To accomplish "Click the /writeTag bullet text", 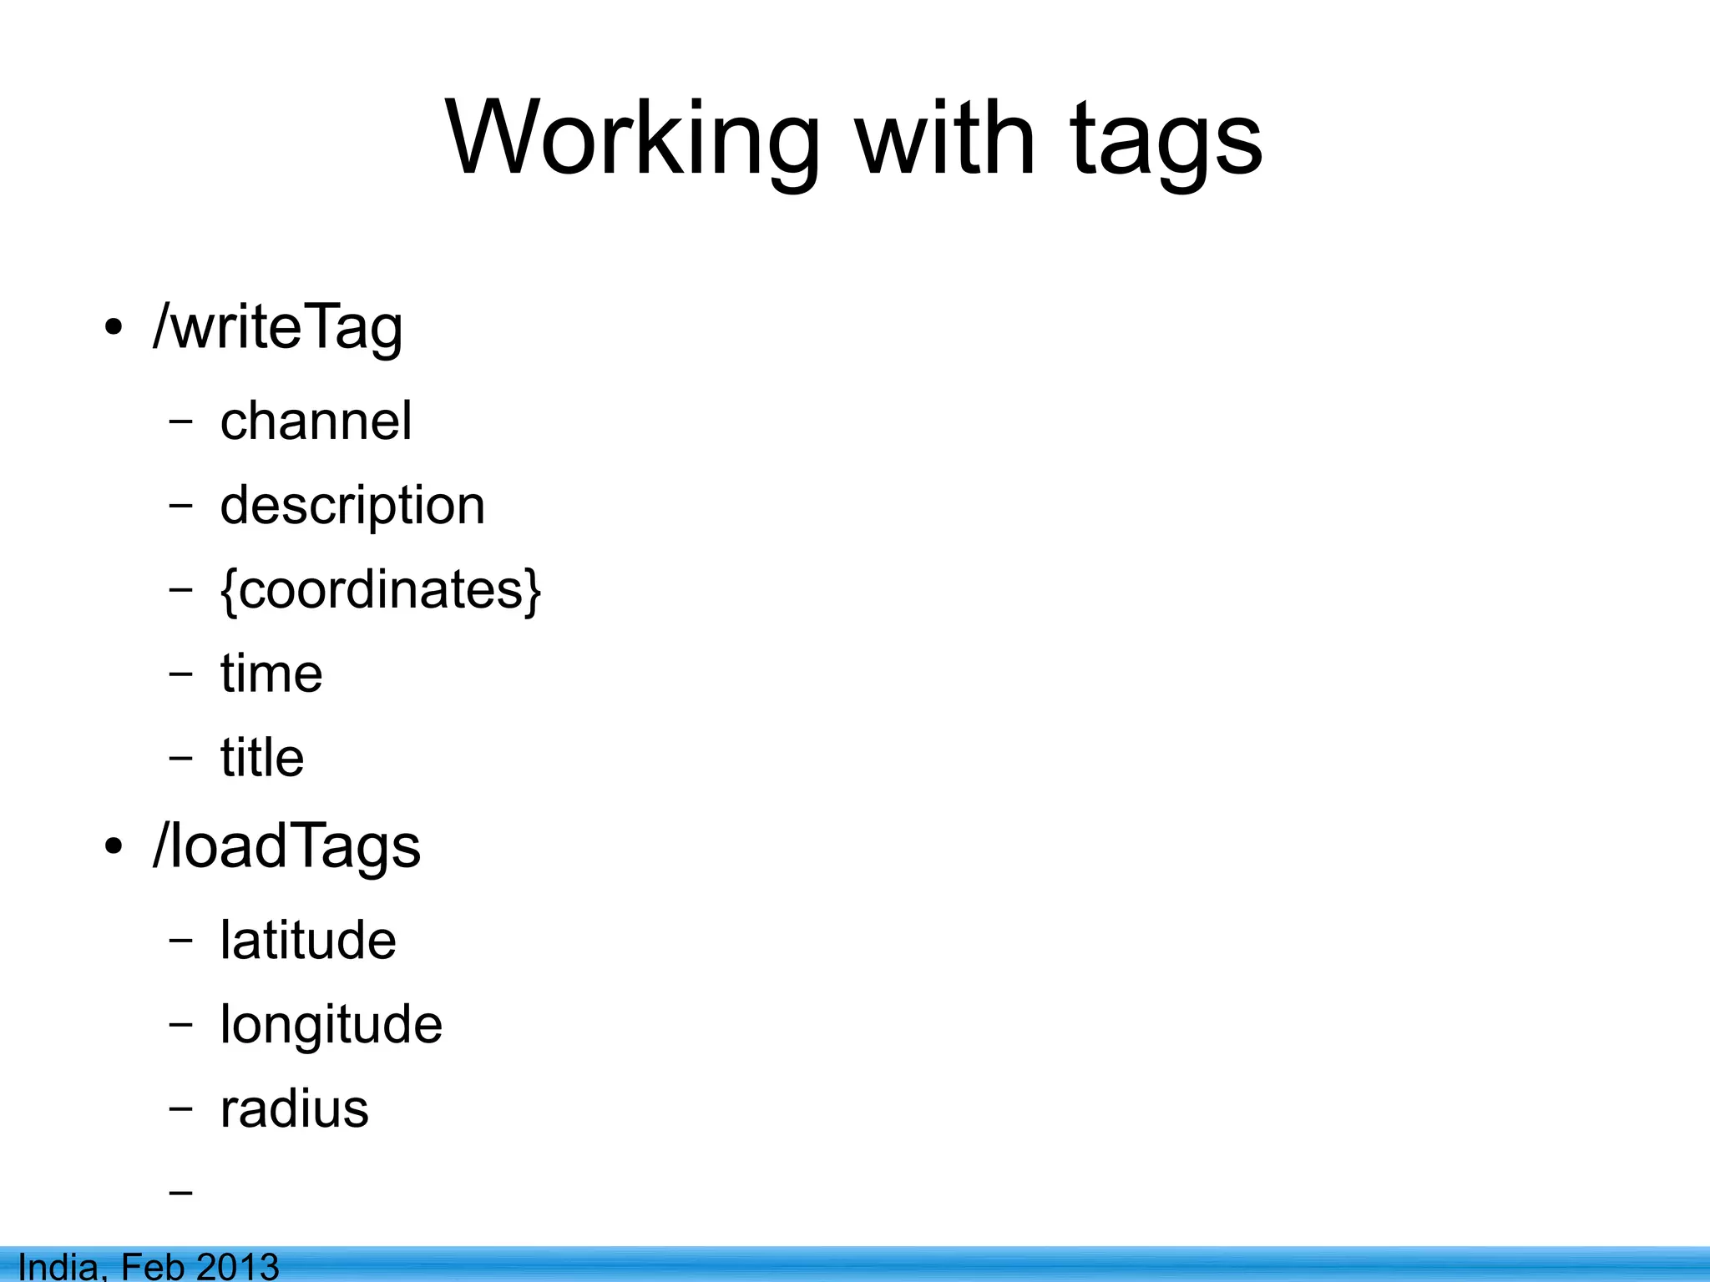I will click(278, 327).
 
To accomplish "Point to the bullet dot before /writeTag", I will click(114, 327).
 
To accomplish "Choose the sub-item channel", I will click(316, 421).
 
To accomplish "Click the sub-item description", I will click(352, 506).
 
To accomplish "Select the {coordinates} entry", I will click(381, 590).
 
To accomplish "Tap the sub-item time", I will click(271, 674).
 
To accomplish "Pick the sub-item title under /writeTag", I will click(262, 758).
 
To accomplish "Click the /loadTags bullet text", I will click(286, 846).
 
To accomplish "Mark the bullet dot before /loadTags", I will click(114, 847).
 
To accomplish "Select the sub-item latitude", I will click(308, 941).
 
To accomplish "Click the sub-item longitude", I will click(331, 1025).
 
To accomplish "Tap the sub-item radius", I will click(294, 1109).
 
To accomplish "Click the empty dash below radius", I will click(180, 1192).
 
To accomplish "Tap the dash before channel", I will click(180, 421).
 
